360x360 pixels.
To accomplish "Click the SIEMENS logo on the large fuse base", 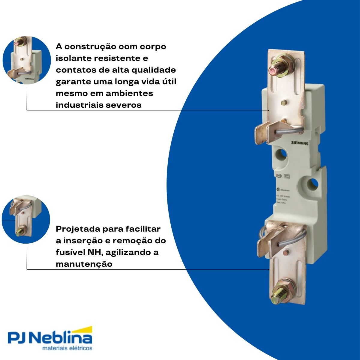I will pos(300,143).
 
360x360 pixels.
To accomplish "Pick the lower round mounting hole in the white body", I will pos(312,183).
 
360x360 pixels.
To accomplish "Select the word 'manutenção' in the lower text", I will pos(84,264).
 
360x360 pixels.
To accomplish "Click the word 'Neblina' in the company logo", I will pos(62,339).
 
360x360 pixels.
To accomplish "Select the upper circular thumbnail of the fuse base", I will pos(26,60).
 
